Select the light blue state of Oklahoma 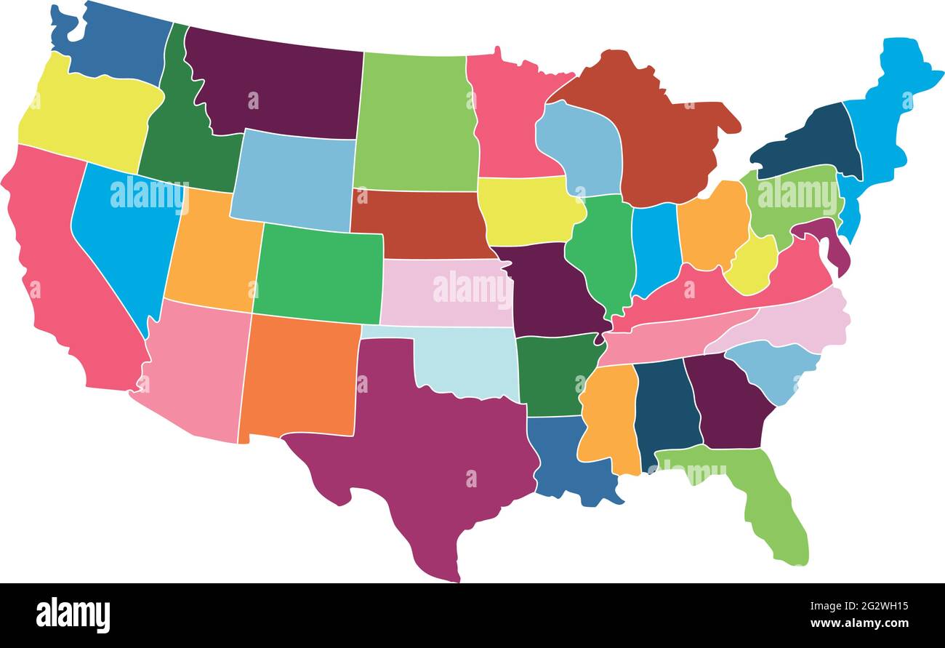click(x=465, y=360)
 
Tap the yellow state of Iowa click(x=527, y=211)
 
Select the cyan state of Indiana click(x=654, y=247)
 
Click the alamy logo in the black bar click(x=73, y=615)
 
